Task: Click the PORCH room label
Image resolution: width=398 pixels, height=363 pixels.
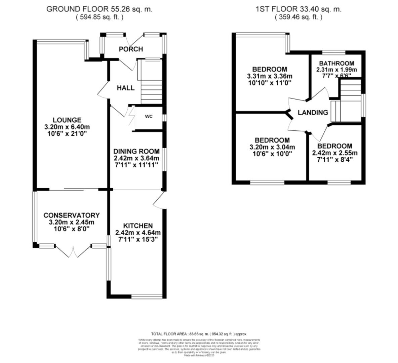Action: coord(131,49)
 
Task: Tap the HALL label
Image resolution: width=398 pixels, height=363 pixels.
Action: coord(125,88)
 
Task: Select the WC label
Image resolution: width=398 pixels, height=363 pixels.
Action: coord(149,117)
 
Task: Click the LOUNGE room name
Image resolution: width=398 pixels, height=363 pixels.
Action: coord(67,120)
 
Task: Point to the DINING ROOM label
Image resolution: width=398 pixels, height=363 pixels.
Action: coord(136,151)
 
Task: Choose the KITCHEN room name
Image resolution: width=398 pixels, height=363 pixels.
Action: coord(138,226)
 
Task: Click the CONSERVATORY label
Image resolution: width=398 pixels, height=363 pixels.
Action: coord(71,215)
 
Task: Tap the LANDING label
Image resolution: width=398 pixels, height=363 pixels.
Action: coord(313,113)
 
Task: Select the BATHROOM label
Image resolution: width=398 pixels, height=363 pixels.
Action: coord(336,63)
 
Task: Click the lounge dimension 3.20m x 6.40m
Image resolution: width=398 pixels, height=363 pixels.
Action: coord(67,127)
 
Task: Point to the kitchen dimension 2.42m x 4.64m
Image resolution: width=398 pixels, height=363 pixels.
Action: coord(138,233)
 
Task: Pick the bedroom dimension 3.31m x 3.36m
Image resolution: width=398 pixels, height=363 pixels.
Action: coord(270,76)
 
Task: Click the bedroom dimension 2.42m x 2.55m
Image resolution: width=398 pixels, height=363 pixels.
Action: coord(335,153)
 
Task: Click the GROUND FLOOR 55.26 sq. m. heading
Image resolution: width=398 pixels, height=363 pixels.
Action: coord(99,9)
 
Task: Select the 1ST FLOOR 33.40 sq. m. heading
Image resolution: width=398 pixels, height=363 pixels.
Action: coord(298,9)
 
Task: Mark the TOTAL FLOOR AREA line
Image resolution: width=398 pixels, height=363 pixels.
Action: coord(199,334)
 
